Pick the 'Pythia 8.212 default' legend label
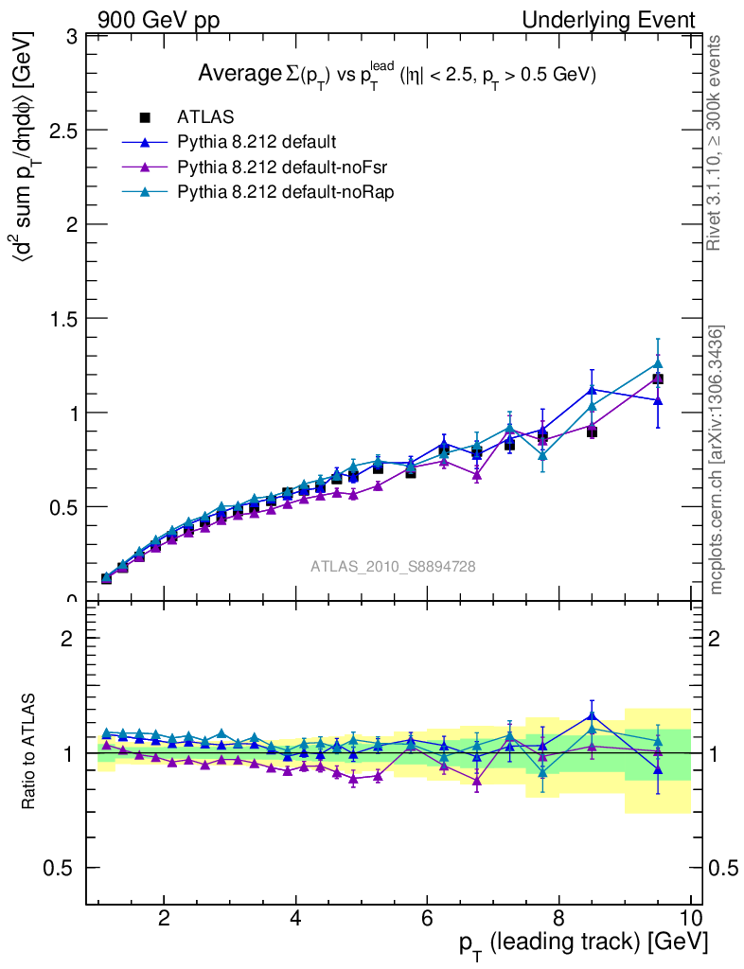(x=256, y=143)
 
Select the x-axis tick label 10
(x=690, y=919)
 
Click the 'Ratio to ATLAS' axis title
(x=29, y=752)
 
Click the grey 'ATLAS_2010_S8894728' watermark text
(x=393, y=567)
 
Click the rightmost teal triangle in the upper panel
(x=658, y=363)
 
